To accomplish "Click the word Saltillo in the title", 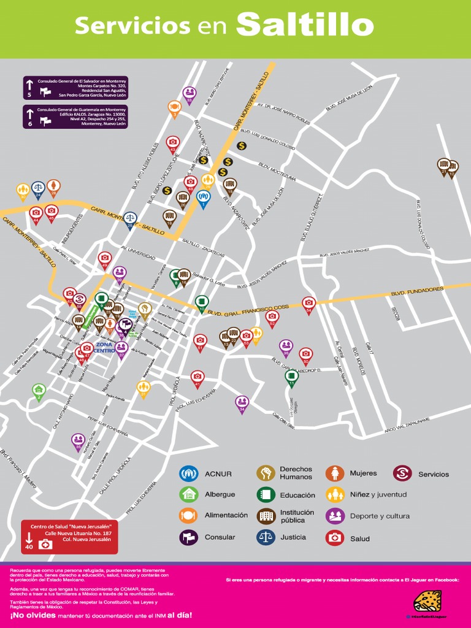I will point(305,25).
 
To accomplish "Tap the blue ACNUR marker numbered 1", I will point(204,197).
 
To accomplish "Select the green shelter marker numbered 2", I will point(38,390).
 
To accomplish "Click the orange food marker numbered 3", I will point(174,107).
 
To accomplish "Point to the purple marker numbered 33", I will point(190,93).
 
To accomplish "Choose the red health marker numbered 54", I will point(308,303).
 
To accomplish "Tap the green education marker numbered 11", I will point(292,376).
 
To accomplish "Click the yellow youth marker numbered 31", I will point(144,387).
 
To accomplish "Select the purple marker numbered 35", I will point(78,440).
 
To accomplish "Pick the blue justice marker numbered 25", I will point(130,218).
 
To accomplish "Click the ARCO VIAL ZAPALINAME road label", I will point(407,424).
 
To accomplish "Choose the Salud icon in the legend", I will point(334,538).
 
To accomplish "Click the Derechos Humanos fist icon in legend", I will point(266,473).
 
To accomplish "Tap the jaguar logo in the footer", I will point(427,600).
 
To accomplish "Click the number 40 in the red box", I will point(29,546).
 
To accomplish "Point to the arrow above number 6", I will point(29,112).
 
